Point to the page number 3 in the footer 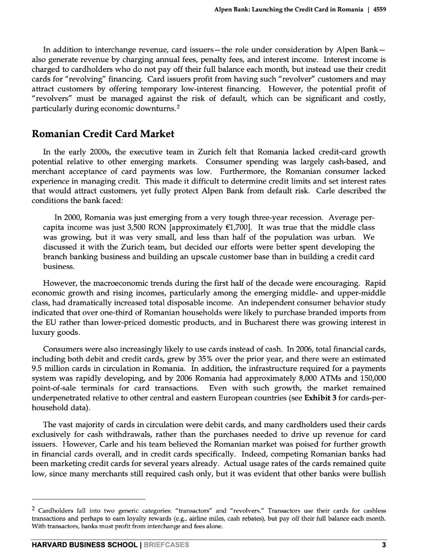coord(384,544)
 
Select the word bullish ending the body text coord(373,474)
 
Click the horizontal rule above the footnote coord(89,499)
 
